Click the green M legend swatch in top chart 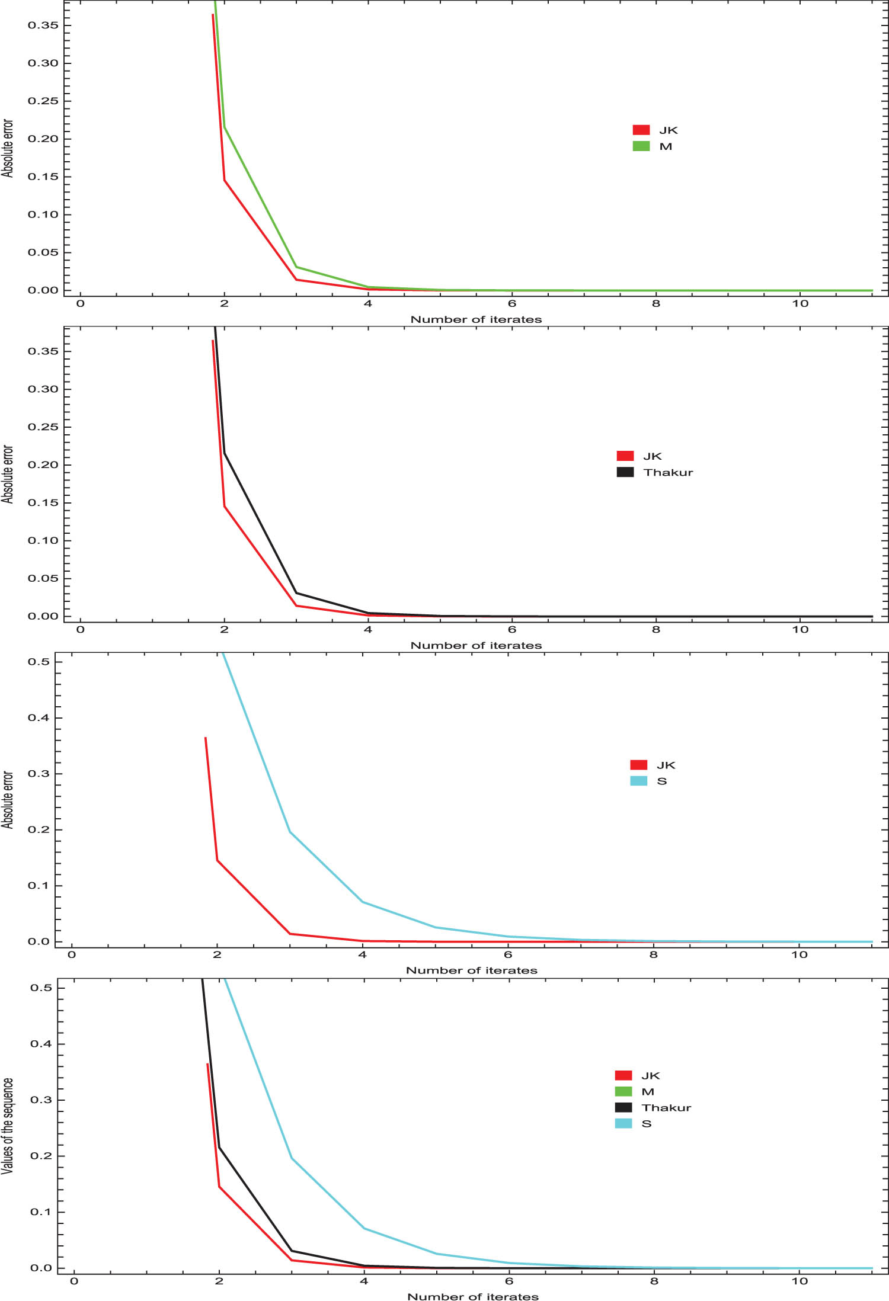[x=641, y=146]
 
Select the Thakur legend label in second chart [x=668, y=472]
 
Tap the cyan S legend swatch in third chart [x=638, y=781]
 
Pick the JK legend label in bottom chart [x=650, y=1075]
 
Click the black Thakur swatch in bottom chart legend [x=623, y=1107]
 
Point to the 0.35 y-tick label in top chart [x=43, y=25]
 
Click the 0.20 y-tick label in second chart [x=43, y=465]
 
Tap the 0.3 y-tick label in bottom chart [x=41, y=1100]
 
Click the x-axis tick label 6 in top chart [x=512, y=304]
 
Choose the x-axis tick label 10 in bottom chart [x=800, y=1281]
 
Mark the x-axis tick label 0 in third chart [x=72, y=954]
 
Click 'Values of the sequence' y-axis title [x=8, y=1125]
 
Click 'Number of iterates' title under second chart [x=476, y=646]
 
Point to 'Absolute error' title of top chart [x=8, y=148]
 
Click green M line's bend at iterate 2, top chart [x=224, y=127]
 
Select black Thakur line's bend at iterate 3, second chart [x=296, y=593]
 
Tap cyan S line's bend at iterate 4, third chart [x=363, y=902]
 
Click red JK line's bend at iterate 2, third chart [x=218, y=860]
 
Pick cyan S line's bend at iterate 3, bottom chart [x=292, y=1158]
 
